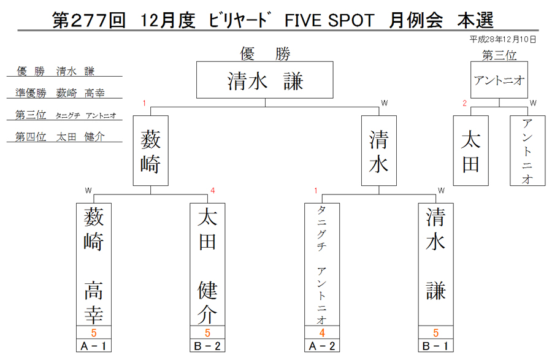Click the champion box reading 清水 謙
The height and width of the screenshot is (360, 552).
(265, 80)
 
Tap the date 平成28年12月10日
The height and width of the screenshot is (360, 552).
(503, 39)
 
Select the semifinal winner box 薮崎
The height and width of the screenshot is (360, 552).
(151, 151)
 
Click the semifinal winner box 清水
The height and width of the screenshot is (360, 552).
(379, 151)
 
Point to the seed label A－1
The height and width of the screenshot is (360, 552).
(94, 346)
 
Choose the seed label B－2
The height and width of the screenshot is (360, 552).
(207, 346)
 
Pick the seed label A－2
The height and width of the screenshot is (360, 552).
(322, 346)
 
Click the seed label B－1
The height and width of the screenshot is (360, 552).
(436, 346)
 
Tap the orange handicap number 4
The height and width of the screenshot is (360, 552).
(322, 332)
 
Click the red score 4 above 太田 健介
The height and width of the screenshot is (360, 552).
(213, 191)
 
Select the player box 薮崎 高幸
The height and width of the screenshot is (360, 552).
(94, 264)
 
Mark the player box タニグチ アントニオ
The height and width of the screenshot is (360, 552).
(322, 264)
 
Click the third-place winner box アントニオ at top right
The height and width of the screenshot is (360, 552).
(499, 80)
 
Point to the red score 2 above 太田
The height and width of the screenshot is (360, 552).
(465, 103)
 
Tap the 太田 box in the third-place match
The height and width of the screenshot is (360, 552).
(470, 151)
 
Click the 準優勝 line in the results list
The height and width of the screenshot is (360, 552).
(60, 93)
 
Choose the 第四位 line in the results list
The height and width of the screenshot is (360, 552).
(60, 137)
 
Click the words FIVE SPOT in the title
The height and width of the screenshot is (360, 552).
(329, 20)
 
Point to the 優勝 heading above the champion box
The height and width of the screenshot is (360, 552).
(265, 54)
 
